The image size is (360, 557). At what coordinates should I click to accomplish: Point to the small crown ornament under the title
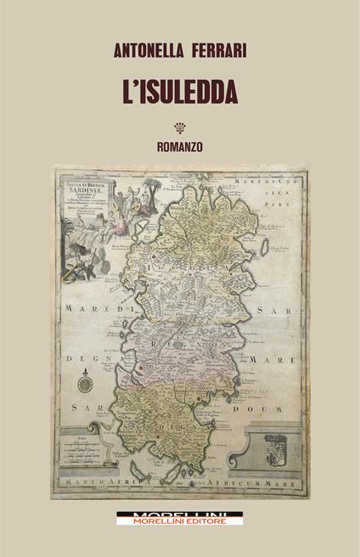click(180, 129)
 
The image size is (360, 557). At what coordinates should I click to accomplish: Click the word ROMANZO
click(180, 147)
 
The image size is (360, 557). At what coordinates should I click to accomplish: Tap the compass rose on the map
click(86, 382)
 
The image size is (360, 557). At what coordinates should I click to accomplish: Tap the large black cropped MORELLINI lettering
click(180, 513)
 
